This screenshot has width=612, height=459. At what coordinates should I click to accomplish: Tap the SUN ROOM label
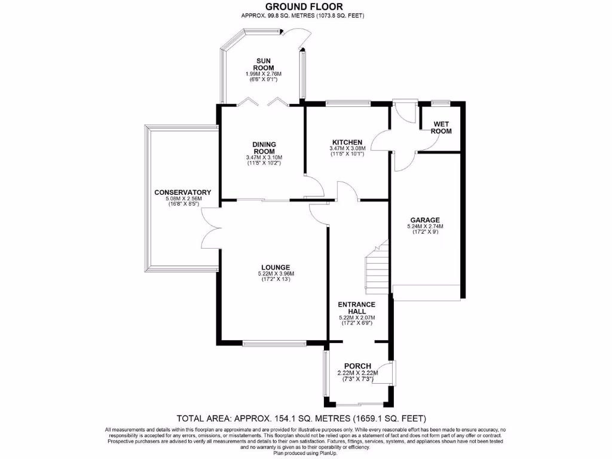pyautogui.click(x=264, y=65)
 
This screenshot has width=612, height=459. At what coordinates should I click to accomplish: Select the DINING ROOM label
pyautogui.click(x=264, y=147)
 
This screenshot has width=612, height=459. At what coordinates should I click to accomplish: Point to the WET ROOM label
pyautogui.click(x=442, y=127)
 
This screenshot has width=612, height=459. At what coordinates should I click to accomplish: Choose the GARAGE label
pyautogui.click(x=425, y=219)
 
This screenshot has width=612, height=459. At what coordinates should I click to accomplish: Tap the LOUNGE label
pyautogui.click(x=275, y=267)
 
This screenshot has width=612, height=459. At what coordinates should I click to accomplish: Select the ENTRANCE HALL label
pyautogui.click(x=356, y=308)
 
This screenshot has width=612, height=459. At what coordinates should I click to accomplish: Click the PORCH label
pyautogui.click(x=357, y=366)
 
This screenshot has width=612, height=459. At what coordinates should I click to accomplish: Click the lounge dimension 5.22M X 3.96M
pyautogui.click(x=275, y=274)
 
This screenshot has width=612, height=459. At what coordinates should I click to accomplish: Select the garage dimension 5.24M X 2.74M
pyautogui.click(x=425, y=227)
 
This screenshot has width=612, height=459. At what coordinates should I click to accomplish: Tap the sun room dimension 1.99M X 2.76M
pyautogui.click(x=264, y=74)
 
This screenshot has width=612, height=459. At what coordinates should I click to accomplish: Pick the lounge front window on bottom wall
pyautogui.click(x=274, y=344)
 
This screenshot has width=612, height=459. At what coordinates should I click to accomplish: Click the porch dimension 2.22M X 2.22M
pyautogui.click(x=357, y=373)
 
